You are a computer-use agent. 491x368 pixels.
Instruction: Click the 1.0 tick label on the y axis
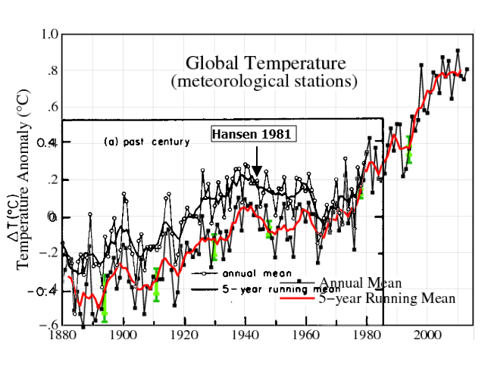click(49, 34)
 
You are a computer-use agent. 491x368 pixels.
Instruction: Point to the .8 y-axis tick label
click(51, 71)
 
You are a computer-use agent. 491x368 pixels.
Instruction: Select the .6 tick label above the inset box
click(51, 108)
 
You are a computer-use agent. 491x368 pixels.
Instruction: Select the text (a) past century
click(147, 142)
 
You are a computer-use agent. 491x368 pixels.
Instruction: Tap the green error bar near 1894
click(105, 298)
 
